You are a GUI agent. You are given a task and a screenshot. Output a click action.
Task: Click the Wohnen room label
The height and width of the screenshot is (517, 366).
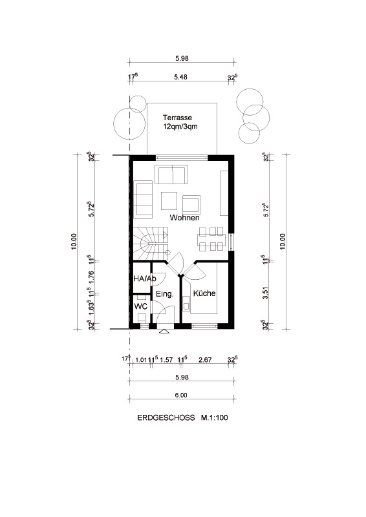click(x=184, y=218)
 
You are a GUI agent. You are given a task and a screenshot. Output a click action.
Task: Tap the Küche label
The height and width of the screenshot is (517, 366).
click(x=204, y=293)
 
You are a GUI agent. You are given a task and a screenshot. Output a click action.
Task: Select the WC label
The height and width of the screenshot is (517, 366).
click(x=140, y=306)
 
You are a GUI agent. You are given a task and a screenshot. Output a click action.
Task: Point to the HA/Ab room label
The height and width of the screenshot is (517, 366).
click(x=144, y=279)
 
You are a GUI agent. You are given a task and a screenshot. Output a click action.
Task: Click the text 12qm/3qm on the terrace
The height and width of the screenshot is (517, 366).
click(x=180, y=127)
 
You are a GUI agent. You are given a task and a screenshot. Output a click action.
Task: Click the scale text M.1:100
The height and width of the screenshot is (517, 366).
click(x=214, y=418)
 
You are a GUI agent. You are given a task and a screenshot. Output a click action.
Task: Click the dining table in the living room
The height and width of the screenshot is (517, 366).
click(x=212, y=238)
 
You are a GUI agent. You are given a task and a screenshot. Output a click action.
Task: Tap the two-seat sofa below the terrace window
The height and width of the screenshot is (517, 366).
click(x=171, y=174)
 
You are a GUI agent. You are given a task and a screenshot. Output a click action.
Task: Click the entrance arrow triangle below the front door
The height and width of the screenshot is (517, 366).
click(x=164, y=332)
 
